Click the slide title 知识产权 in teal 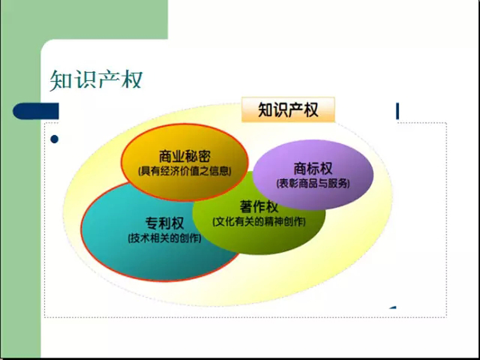coord(96,80)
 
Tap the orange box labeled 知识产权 coord(288,110)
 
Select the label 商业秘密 coord(185,157)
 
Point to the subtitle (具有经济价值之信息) coord(185,171)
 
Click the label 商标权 coord(313,169)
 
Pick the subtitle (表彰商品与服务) coord(313,184)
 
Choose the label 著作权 coord(259,207)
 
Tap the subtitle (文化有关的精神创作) coord(259,221)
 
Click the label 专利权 coord(164,223)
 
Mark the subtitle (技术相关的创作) coord(164,238)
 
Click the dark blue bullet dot coord(54,139)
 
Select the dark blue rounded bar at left coord(35,111)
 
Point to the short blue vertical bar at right coord(397,111)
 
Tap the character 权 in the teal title coord(131,80)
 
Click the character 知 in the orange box coord(266,110)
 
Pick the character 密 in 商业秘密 coord(205,157)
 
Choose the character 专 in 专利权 coord(151,223)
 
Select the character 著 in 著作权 coord(246,207)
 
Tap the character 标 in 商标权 coord(313,169)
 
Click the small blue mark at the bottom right coord(393,307)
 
